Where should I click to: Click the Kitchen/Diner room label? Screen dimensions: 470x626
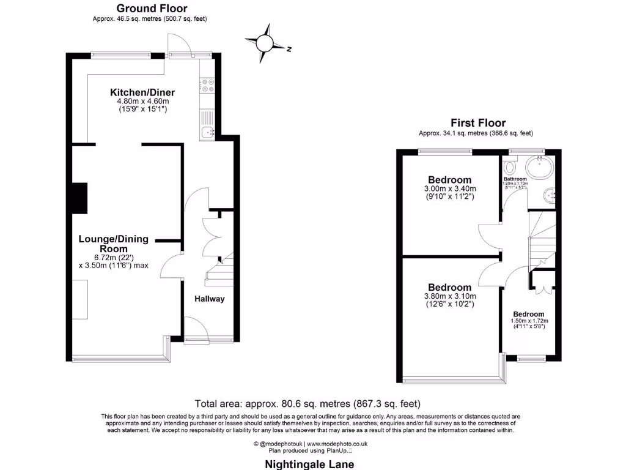point(139,92)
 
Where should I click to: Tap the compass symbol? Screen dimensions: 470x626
point(265,43)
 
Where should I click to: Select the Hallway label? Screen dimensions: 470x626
point(210,299)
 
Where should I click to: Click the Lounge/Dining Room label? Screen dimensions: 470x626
point(113,244)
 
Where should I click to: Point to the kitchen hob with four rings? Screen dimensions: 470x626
point(207,86)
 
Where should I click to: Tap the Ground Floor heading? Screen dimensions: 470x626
point(152,8)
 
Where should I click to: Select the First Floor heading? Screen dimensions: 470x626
point(478,122)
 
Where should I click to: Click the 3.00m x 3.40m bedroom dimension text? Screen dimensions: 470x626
point(450,188)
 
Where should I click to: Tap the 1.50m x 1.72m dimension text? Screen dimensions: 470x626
point(529,321)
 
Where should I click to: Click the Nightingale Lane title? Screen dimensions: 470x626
point(309,464)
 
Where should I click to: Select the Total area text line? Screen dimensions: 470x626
point(307,404)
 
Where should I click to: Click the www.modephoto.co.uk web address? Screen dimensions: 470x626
point(337,443)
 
